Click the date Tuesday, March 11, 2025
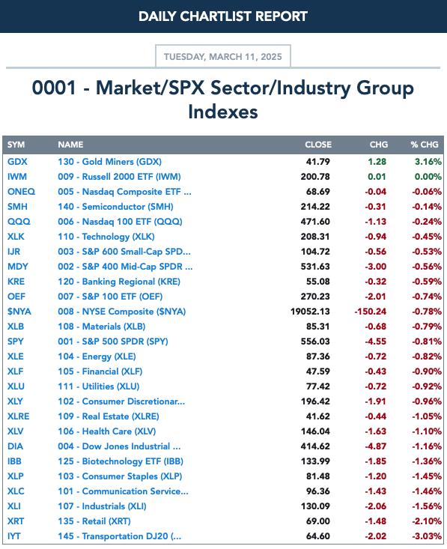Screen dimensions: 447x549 [x=222, y=57]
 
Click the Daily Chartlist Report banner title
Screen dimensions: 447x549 [x=223, y=16]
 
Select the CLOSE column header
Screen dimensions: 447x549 [x=317, y=145]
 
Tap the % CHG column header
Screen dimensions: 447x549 [x=425, y=145]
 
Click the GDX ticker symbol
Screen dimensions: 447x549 [x=17, y=162]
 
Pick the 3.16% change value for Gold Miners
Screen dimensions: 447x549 [x=428, y=162]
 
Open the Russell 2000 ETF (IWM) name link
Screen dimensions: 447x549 [x=119, y=177]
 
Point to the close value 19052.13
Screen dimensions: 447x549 [x=310, y=312]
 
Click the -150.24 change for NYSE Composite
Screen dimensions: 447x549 [x=371, y=312]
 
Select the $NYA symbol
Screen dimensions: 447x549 [x=19, y=312]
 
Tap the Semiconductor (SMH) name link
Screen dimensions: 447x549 [x=115, y=207]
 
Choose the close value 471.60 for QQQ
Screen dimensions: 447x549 [x=315, y=222]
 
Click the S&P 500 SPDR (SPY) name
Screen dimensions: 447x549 [x=113, y=342]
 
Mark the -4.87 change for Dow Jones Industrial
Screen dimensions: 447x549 [x=376, y=446]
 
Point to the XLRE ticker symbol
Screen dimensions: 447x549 [x=18, y=416]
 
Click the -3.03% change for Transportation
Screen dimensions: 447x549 [x=427, y=536]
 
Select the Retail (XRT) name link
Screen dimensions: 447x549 [x=94, y=521]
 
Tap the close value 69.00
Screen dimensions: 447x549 [x=317, y=521]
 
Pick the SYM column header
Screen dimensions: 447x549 [x=16, y=145]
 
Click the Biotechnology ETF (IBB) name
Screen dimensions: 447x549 [x=121, y=461]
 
